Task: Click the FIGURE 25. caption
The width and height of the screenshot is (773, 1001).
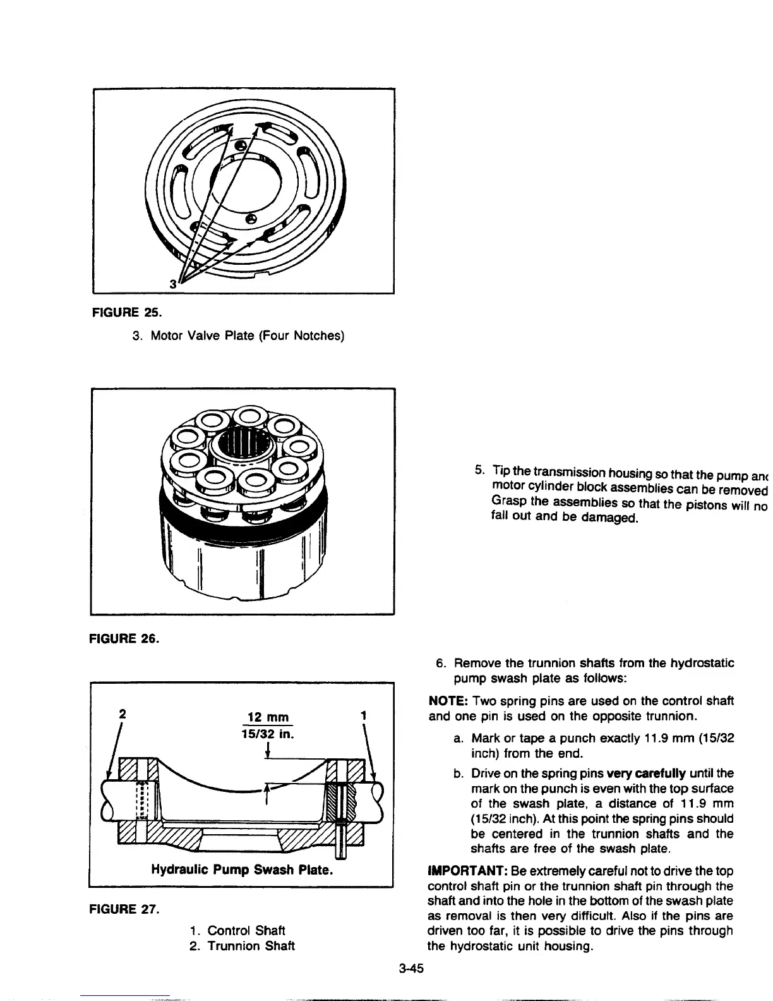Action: coord(124,312)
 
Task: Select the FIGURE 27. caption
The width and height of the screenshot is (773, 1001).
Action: coord(124,910)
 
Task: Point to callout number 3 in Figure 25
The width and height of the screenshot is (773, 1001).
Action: coord(172,284)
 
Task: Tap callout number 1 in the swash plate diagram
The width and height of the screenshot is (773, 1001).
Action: coord(363,715)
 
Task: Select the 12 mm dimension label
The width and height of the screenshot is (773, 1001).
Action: coord(268,717)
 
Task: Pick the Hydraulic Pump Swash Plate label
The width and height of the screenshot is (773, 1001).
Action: coord(242,870)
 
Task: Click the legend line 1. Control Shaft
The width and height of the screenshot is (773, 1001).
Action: coord(237,930)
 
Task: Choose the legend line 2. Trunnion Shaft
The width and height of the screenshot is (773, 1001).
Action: coord(242,946)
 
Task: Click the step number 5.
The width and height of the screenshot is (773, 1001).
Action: coord(479,470)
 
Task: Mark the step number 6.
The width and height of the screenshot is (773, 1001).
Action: coord(441,664)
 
